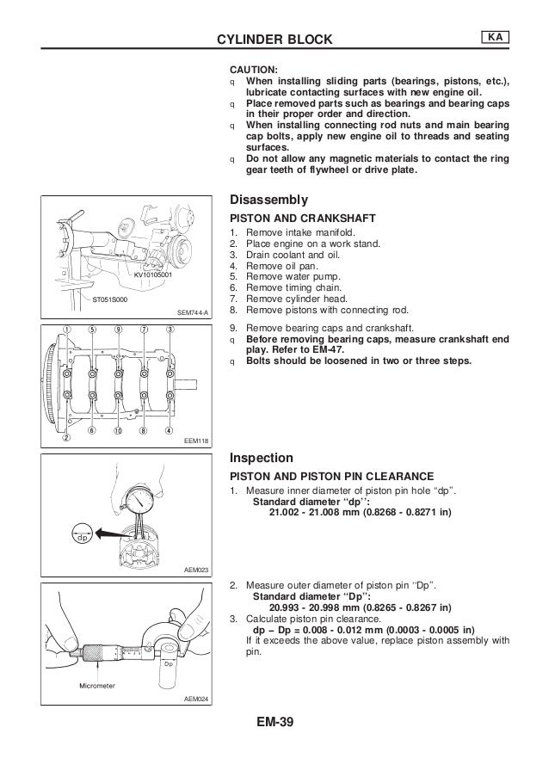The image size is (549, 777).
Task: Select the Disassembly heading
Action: point(268,199)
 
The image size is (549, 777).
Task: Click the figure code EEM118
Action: point(197,441)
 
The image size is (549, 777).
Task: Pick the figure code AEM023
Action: point(197,570)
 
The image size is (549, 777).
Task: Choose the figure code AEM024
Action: point(197,699)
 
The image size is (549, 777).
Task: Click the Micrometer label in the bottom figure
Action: point(96,685)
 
